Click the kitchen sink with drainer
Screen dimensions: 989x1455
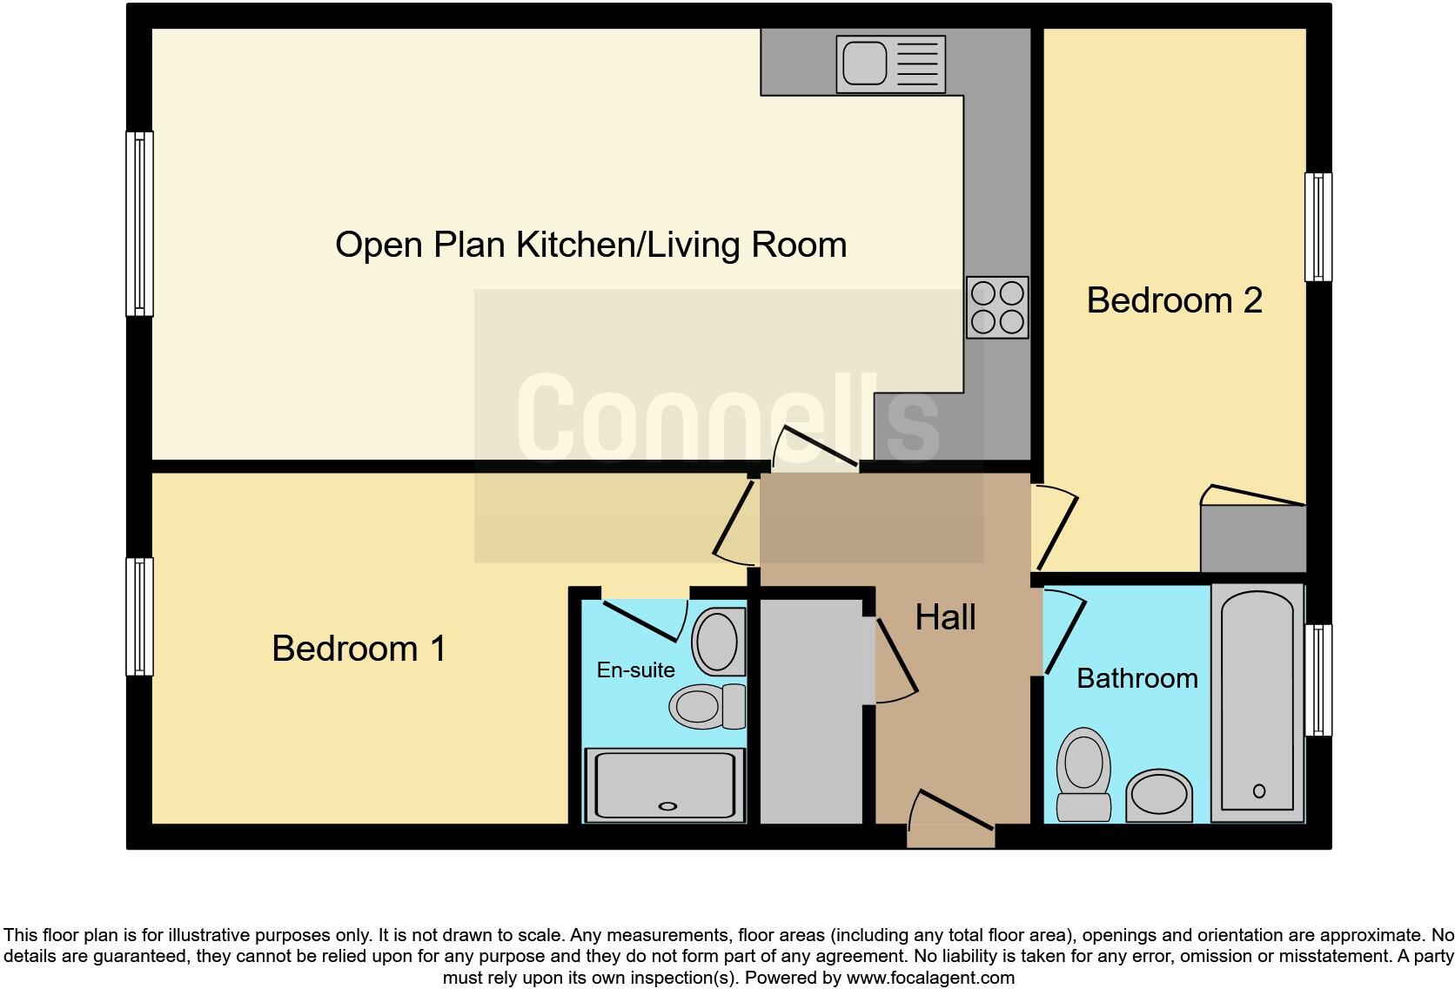pyautogui.click(x=890, y=64)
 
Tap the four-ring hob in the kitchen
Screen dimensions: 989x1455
pyautogui.click(x=997, y=307)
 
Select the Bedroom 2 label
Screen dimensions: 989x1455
pyautogui.click(x=1174, y=300)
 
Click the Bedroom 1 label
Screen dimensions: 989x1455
pyautogui.click(x=359, y=649)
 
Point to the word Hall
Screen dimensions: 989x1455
pyautogui.click(x=945, y=617)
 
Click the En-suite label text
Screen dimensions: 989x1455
pyautogui.click(x=635, y=669)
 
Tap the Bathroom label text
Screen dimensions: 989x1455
pyautogui.click(x=1137, y=678)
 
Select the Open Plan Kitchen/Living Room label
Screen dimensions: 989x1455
pyautogui.click(x=591, y=245)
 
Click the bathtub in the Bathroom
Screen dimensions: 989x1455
pyautogui.click(x=1257, y=703)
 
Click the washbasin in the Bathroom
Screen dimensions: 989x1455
pyautogui.click(x=1158, y=796)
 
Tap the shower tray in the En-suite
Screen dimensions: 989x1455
pyautogui.click(x=665, y=785)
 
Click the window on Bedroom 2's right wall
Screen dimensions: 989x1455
pyautogui.click(x=1318, y=227)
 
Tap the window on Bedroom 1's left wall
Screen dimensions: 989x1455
pyautogui.click(x=139, y=616)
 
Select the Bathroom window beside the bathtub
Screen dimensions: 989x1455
pyautogui.click(x=1318, y=680)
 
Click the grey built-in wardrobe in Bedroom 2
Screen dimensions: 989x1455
pyautogui.click(x=1253, y=539)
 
